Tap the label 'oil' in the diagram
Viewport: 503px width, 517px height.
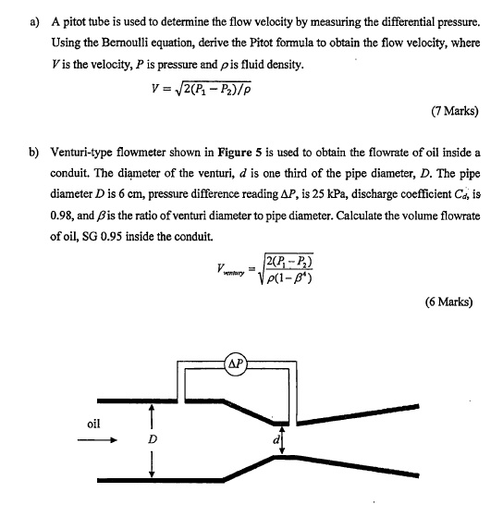pyautogui.click(x=93, y=425)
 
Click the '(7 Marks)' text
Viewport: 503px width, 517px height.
pyautogui.click(x=454, y=111)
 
